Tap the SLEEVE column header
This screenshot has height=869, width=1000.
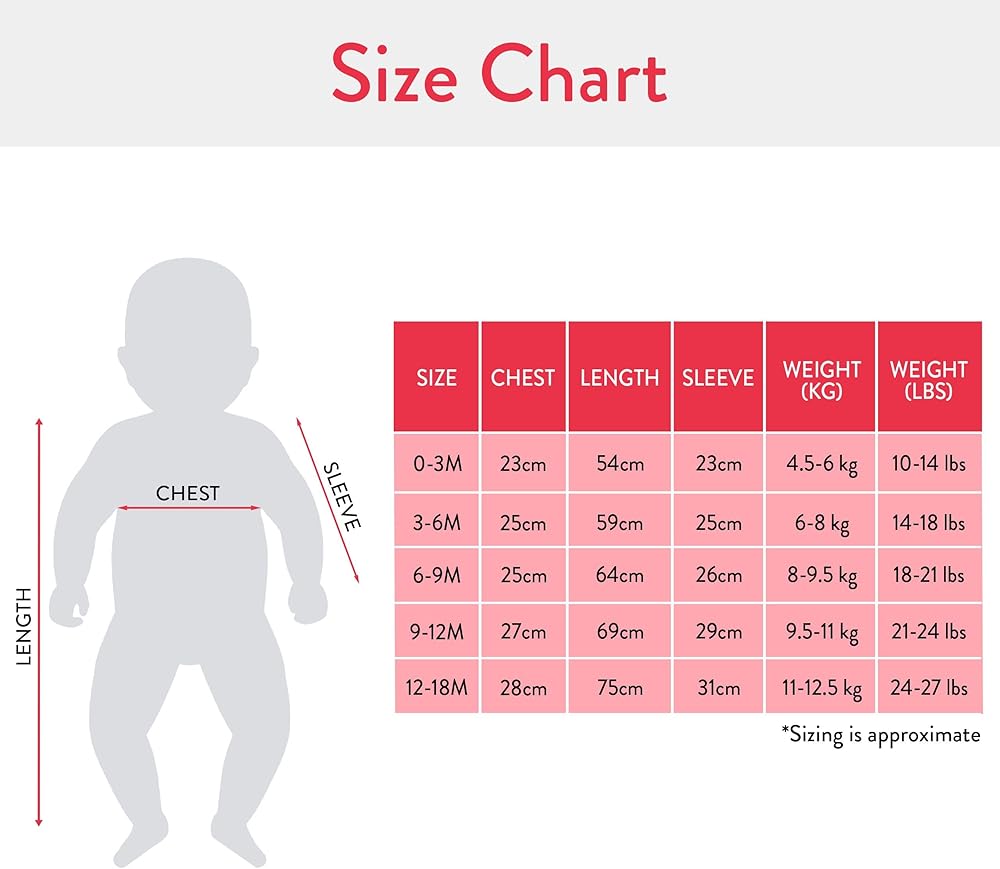718,377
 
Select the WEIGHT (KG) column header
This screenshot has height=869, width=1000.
821,377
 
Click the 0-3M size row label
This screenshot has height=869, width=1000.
437,464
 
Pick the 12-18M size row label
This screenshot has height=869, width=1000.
437,687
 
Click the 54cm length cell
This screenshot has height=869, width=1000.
620,464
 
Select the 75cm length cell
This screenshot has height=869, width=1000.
620,687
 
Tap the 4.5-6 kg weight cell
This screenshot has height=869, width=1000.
821,464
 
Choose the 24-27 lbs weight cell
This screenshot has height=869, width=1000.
929,687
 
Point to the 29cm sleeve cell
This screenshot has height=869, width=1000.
718,631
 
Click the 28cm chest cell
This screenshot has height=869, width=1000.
524,687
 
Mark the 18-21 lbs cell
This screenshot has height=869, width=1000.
929,575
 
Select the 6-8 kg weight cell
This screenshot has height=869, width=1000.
821,523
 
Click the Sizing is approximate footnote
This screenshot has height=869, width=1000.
881,735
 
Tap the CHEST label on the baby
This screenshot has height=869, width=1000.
188,493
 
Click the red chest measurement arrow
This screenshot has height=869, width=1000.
189,508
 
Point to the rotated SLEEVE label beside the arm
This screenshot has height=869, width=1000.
342,496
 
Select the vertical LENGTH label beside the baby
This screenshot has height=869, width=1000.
24,627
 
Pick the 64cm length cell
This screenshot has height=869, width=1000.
620,575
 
